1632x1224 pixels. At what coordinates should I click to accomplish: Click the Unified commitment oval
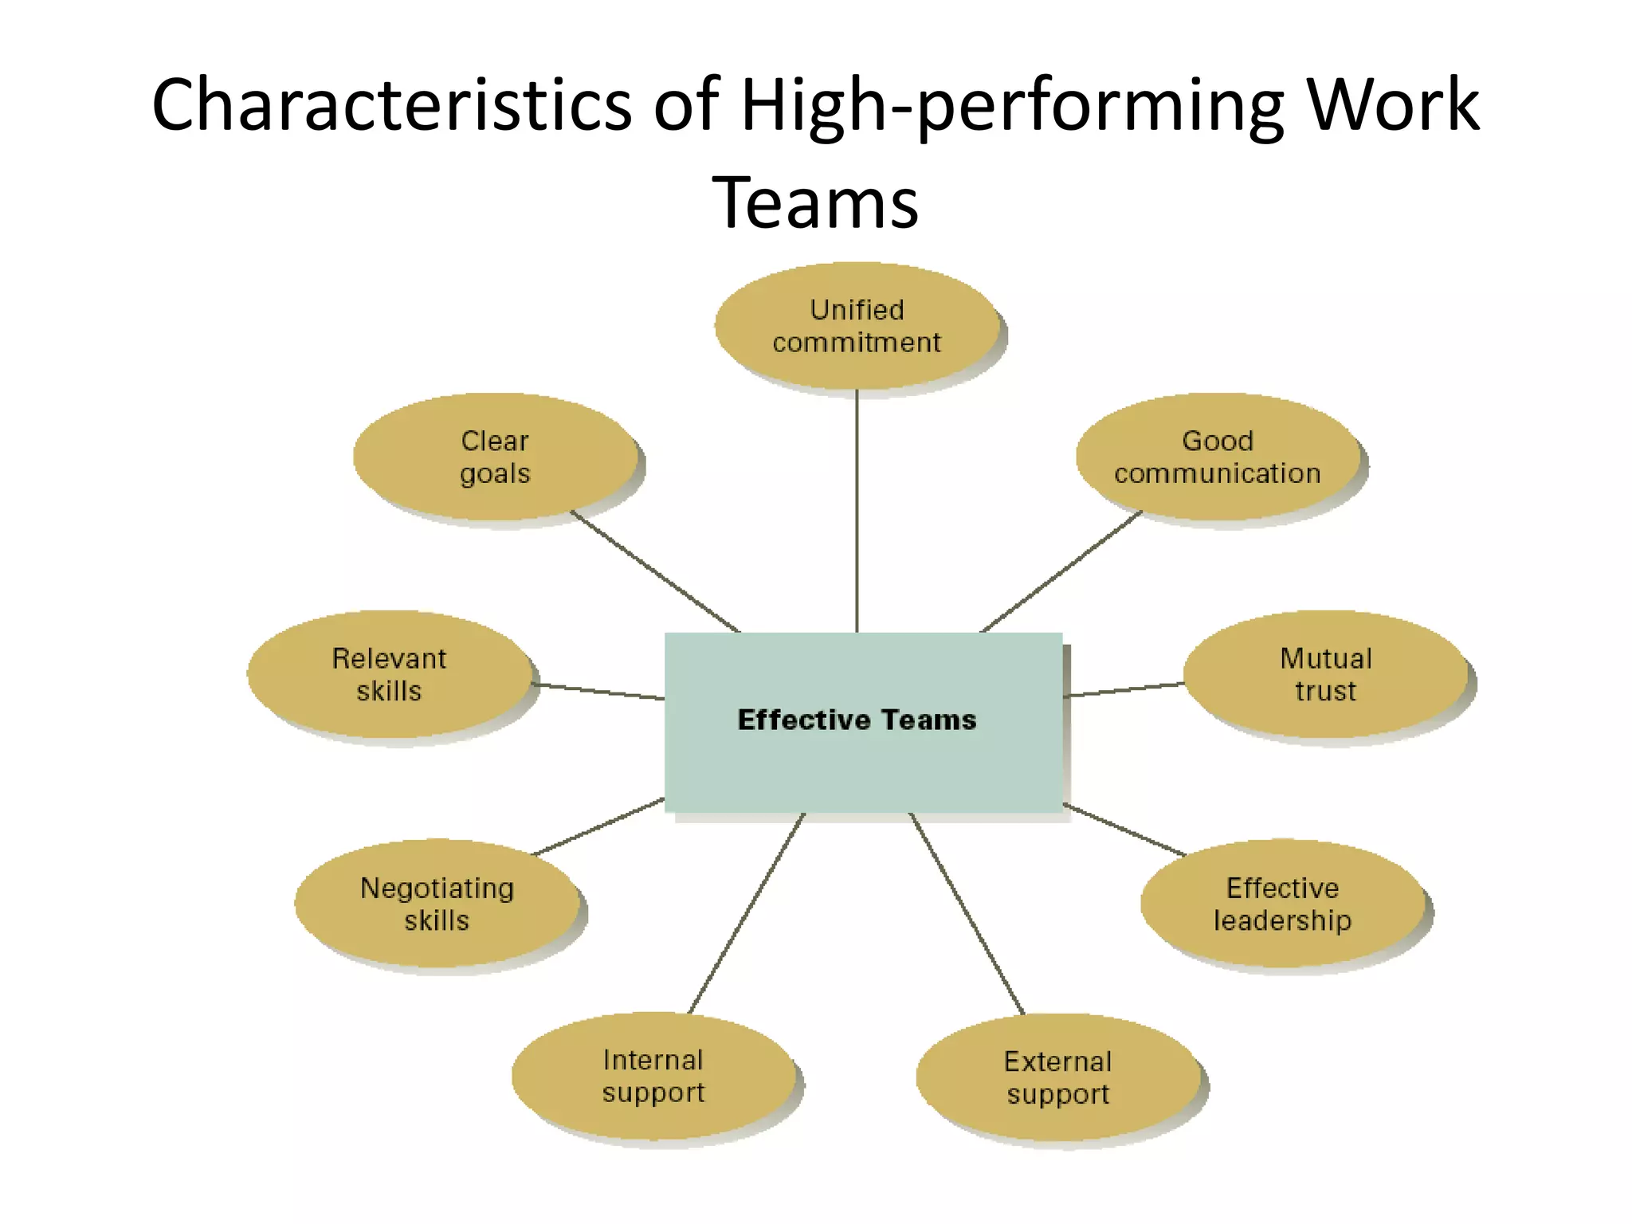coord(857,326)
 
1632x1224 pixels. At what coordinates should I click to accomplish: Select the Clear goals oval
coord(495,457)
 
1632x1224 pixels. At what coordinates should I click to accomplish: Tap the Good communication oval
coord(1218,457)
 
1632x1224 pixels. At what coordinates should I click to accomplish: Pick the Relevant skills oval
coord(389,674)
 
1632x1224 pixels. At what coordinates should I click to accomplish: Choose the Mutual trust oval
coord(1326,674)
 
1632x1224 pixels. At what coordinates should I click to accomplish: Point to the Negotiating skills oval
coord(437,904)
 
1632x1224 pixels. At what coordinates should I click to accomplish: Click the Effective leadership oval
coord(1282,904)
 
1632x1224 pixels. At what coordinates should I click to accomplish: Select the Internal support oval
coord(653,1076)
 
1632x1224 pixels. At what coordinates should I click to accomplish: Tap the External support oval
coord(1058,1077)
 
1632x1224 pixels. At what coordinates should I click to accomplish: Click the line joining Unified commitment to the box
coord(857,510)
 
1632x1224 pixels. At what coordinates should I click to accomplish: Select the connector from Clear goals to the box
coord(655,571)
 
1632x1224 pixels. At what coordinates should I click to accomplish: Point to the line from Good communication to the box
coord(1061,571)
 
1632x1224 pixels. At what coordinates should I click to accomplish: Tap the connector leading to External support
coord(967,912)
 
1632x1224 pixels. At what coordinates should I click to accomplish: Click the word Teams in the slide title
coord(814,202)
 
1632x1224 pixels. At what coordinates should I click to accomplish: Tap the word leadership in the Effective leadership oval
coord(1282,920)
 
